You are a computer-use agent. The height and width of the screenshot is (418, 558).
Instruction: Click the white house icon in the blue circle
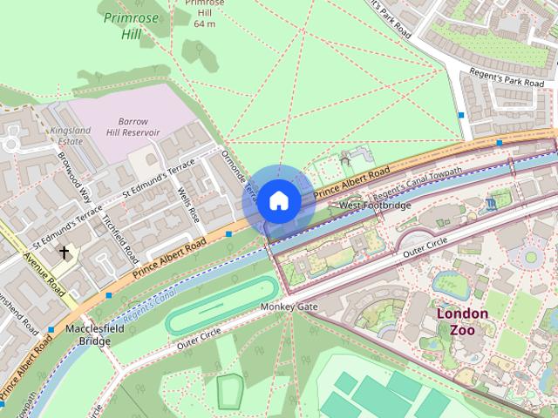[278, 201]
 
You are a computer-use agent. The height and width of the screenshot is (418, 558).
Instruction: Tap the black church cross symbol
[64, 252]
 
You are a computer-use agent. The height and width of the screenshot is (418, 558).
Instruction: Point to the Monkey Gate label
[289, 307]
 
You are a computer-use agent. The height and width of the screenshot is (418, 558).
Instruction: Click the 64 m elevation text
[204, 24]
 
